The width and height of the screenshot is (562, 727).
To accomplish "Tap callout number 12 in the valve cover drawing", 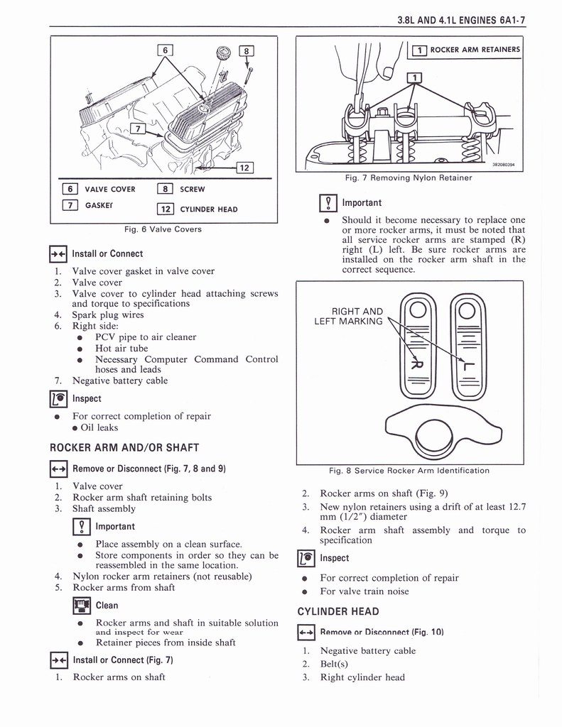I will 244,168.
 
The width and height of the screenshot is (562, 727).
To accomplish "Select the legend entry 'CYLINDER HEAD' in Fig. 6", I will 208,209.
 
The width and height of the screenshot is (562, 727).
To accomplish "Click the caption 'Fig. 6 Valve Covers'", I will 163,229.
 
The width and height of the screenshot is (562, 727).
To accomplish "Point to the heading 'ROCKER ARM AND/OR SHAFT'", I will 124,447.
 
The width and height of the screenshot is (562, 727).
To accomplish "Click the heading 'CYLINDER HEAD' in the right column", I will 337,611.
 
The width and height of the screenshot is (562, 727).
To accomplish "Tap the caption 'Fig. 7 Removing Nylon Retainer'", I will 409,177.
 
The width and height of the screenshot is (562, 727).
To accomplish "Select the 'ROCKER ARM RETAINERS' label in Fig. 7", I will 475,50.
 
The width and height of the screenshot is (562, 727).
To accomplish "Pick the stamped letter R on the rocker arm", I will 415,363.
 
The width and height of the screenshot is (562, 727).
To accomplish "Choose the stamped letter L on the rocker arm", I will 467,363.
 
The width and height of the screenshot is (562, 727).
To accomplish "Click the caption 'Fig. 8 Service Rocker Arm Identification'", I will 409,471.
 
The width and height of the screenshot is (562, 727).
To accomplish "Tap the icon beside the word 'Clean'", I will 82,605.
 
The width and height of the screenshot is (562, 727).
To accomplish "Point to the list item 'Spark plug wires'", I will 108,315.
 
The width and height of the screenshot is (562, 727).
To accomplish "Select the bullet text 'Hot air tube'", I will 121,348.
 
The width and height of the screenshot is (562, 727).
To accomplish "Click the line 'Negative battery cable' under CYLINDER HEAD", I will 367,650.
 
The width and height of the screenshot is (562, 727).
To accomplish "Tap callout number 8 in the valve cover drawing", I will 247,50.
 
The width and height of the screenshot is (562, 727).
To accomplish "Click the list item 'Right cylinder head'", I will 362,677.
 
